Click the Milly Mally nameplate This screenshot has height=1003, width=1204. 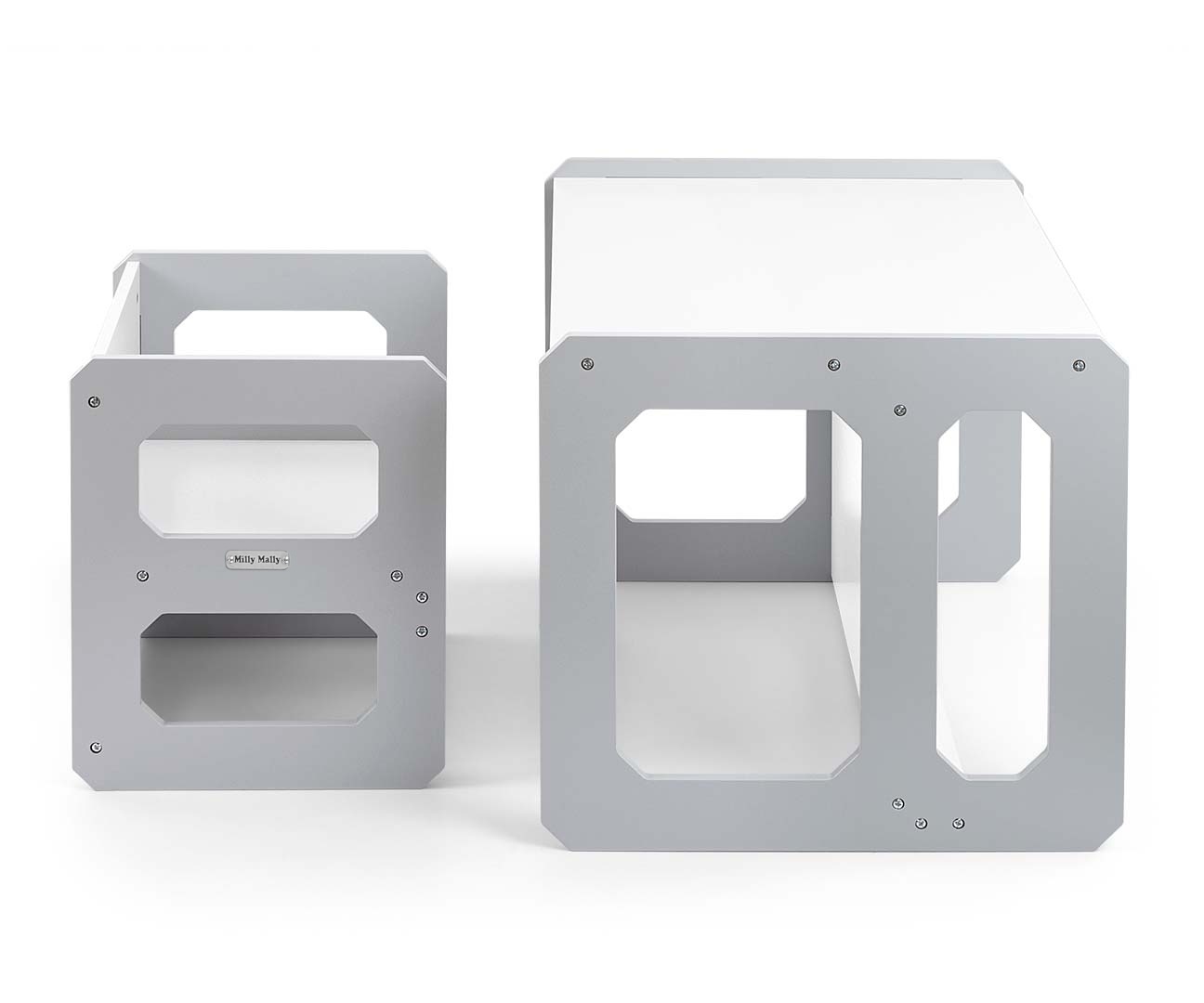256,559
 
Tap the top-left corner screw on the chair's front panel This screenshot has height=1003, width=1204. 95,401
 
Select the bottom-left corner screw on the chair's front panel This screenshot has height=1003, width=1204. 97,748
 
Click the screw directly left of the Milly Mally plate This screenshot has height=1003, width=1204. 144,575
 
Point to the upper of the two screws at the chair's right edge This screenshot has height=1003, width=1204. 422,596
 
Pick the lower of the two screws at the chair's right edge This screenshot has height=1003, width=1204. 422,632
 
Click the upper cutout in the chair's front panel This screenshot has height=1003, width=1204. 259,479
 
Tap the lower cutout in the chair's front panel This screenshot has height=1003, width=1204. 259,669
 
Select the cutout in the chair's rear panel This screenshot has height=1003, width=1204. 281,332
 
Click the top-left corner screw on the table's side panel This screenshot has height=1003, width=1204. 587,364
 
